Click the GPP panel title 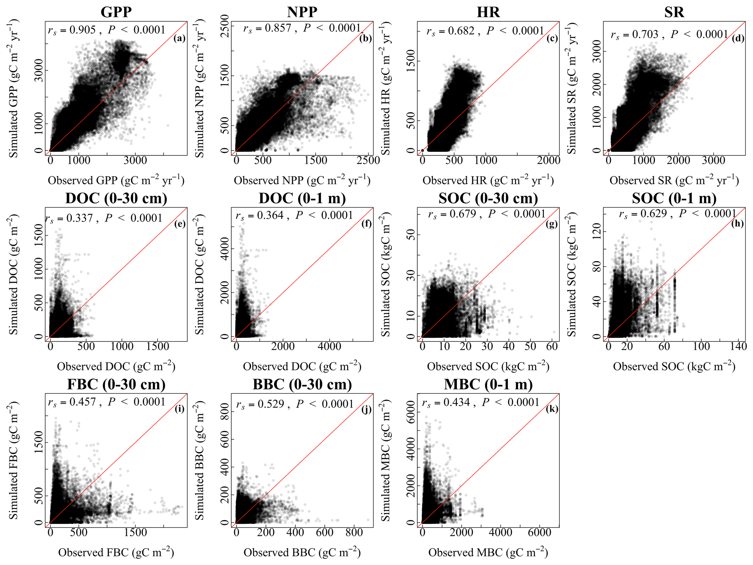(x=116, y=12)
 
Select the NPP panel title (x=302, y=12)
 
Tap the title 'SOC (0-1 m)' (x=674, y=198)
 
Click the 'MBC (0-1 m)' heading (x=488, y=384)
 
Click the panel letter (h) (x=737, y=223)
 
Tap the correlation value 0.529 (x=271, y=404)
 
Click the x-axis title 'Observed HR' (x=488, y=180)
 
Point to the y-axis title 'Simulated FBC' (x=13, y=460)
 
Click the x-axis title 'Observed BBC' (x=302, y=553)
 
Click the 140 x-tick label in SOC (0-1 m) (x=738, y=346)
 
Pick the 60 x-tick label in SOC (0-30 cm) (x=552, y=346)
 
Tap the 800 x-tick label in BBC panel (x=354, y=532)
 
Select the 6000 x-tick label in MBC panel (x=539, y=532)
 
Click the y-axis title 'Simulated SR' (x=572, y=88)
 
